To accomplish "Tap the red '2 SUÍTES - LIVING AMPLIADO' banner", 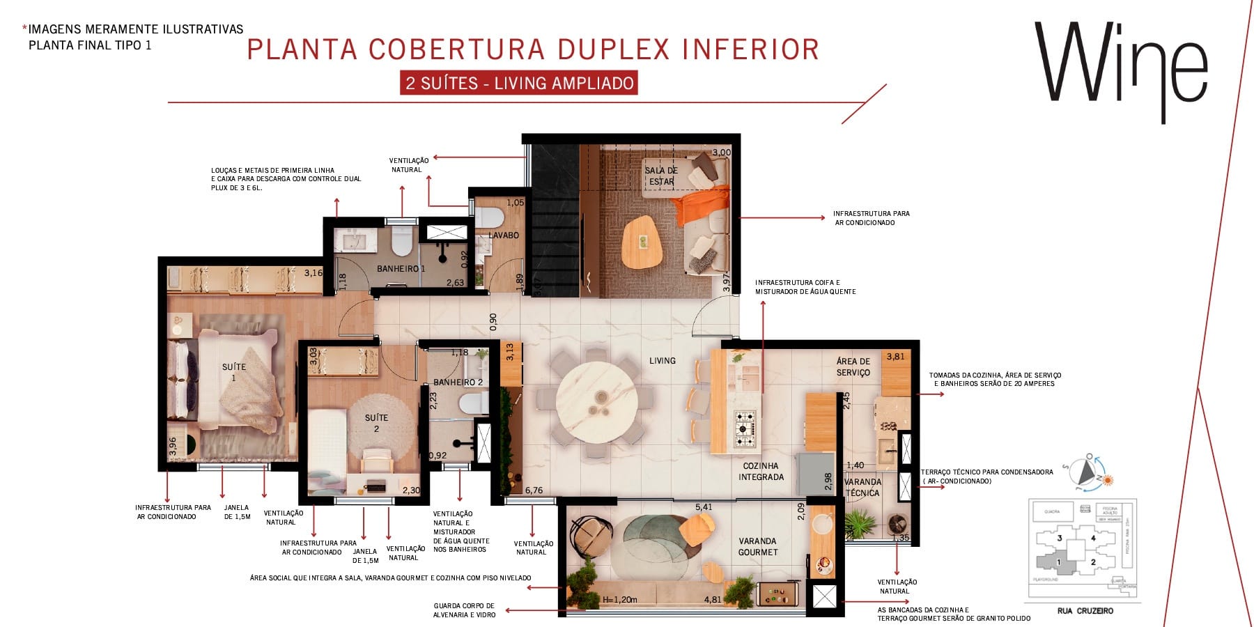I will coord(519,83).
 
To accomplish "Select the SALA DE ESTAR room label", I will coord(660,176).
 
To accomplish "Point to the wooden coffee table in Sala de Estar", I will coord(642,241).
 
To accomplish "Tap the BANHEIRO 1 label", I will coord(401,268).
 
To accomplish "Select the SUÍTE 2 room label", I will coord(376,423).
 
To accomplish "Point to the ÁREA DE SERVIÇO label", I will coord(853,366).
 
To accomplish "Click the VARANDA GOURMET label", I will coord(757,546).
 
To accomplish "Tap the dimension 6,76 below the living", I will coord(534,490).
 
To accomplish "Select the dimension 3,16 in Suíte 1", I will coord(313,272).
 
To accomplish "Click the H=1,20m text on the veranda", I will coord(619,599).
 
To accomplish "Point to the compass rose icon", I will coord(1084,474).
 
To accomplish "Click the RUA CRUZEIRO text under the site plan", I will coord(1085,611).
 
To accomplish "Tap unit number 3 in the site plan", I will coord(1060,538).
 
